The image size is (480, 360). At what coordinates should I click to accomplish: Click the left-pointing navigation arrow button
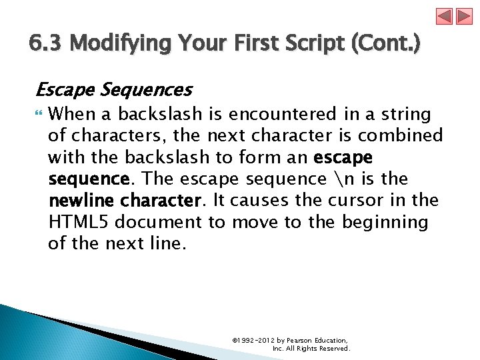445,17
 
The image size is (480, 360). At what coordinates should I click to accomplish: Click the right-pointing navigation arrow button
463,17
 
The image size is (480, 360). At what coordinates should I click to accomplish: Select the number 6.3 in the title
47,45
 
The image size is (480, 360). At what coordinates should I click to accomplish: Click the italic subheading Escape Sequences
113,89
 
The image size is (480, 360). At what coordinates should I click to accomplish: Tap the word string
407,114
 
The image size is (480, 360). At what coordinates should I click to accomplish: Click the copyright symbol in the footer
235,340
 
